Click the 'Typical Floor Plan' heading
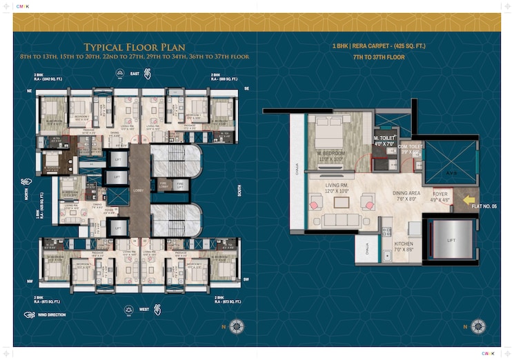point(130,46)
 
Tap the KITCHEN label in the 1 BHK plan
point(404,244)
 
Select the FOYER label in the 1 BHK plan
point(441,194)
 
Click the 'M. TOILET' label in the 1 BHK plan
point(384,137)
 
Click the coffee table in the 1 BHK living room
point(341,202)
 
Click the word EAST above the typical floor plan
point(135,73)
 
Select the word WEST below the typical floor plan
point(144,309)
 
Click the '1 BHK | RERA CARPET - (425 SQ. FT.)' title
point(379,47)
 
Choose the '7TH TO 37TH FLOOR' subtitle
point(379,57)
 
